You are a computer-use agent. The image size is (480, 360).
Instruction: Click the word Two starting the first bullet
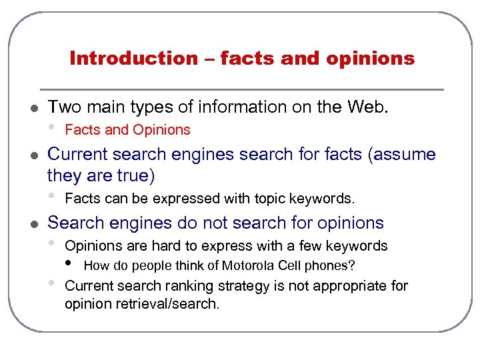point(63,107)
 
